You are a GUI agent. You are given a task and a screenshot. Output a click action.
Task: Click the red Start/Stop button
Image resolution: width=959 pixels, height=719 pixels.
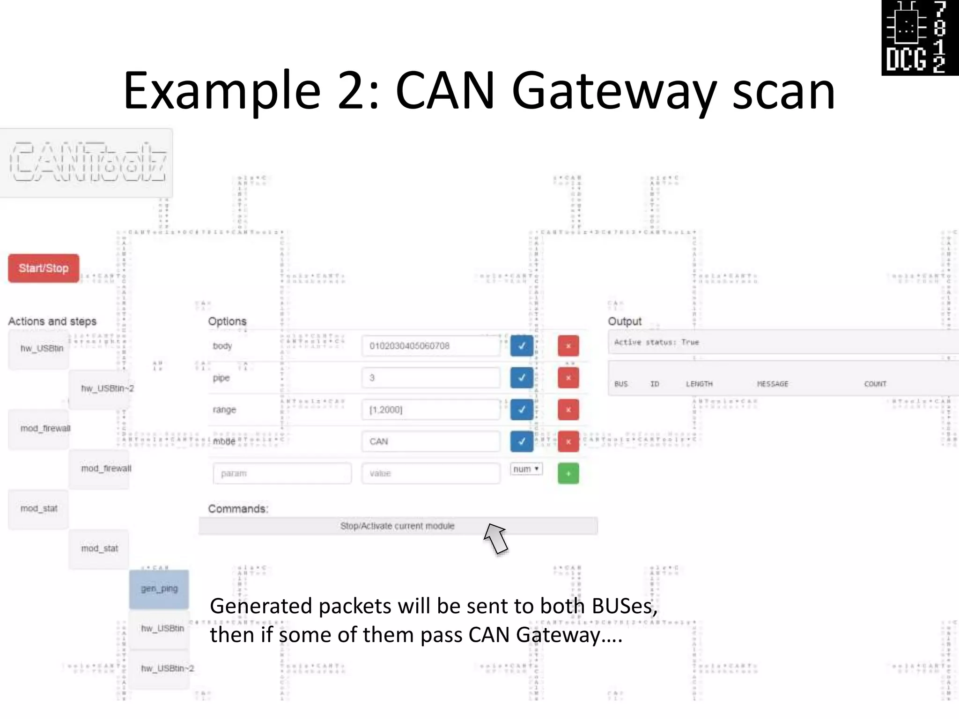[x=44, y=268]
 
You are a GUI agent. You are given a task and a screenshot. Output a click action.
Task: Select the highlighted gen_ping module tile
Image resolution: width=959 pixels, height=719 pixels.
[x=159, y=589]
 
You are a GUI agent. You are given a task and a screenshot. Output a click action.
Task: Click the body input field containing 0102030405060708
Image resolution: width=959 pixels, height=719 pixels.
[x=430, y=346]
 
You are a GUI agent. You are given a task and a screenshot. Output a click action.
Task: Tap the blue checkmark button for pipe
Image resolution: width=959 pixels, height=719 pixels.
[x=522, y=378]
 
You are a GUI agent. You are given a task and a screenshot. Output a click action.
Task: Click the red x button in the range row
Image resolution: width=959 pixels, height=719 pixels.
[x=568, y=410]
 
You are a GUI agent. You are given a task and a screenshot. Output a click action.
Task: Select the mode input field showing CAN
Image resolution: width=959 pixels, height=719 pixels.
[x=430, y=441]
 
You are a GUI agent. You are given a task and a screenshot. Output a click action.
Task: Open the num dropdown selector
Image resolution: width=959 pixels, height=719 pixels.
[x=526, y=469]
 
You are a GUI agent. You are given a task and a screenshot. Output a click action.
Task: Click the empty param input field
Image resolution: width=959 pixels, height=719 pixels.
[x=282, y=473]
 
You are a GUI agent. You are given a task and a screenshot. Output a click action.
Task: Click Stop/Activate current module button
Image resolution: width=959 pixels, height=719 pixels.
[x=398, y=526]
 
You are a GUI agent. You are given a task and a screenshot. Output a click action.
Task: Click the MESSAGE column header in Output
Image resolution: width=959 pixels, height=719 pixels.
[x=773, y=384]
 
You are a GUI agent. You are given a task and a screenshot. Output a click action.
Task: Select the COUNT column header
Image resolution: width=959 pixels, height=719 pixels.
[x=875, y=384]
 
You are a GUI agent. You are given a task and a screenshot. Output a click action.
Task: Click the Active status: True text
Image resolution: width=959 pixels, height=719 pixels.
[x=657, y=342]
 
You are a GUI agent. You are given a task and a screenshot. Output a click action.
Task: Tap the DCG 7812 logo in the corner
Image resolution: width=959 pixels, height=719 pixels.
[x=920, y=37]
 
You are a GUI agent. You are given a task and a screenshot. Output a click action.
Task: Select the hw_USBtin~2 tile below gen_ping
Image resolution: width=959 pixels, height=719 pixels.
[x=167, y=668]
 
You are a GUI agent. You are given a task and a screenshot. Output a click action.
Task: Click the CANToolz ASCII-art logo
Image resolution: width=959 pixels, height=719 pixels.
[x=88, y=162]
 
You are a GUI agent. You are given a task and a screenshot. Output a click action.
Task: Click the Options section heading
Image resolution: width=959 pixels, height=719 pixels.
[x=227, y=321]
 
